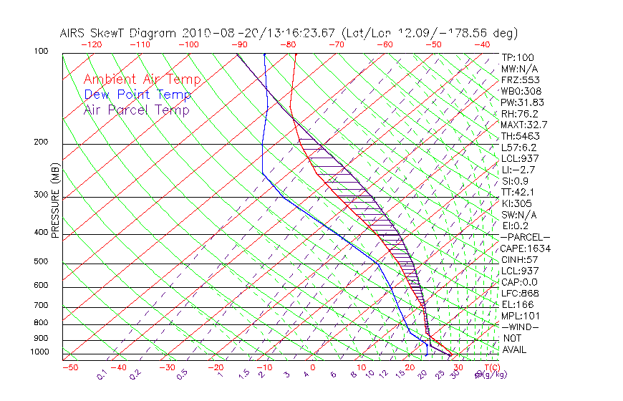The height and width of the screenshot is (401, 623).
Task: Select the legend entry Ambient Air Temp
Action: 142,79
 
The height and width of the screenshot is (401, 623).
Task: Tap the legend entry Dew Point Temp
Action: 137,95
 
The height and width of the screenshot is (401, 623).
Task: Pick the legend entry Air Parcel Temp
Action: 137,110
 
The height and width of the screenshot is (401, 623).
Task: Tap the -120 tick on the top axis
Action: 91,44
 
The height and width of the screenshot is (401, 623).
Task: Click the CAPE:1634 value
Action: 526,248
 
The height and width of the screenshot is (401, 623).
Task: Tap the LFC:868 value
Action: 521,294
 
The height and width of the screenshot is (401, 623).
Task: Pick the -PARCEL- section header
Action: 526,237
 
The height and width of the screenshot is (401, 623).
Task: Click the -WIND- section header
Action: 521,327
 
